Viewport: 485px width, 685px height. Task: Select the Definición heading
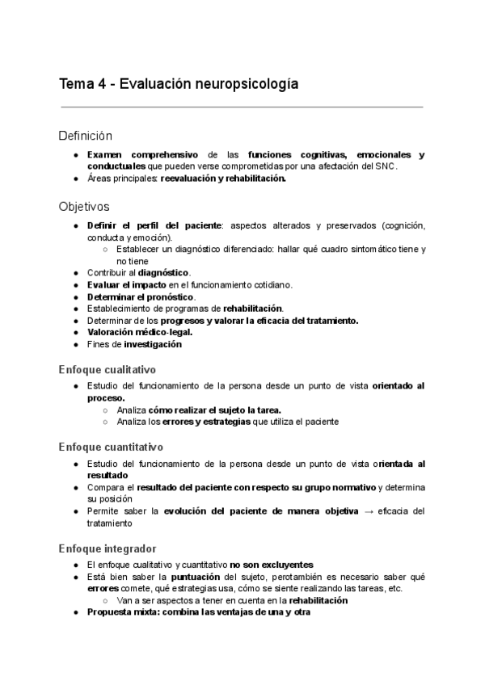[86, 135]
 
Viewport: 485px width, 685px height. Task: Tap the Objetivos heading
[84, 206]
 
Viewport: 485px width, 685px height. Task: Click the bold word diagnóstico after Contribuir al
[166, 273]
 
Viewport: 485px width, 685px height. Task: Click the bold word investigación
[153, 344]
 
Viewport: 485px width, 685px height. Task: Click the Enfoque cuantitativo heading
[111, 446]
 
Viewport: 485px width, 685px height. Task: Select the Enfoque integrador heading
[108, 548]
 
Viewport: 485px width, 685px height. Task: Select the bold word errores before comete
[103, 589]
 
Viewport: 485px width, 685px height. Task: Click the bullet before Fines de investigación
[74, 344]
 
